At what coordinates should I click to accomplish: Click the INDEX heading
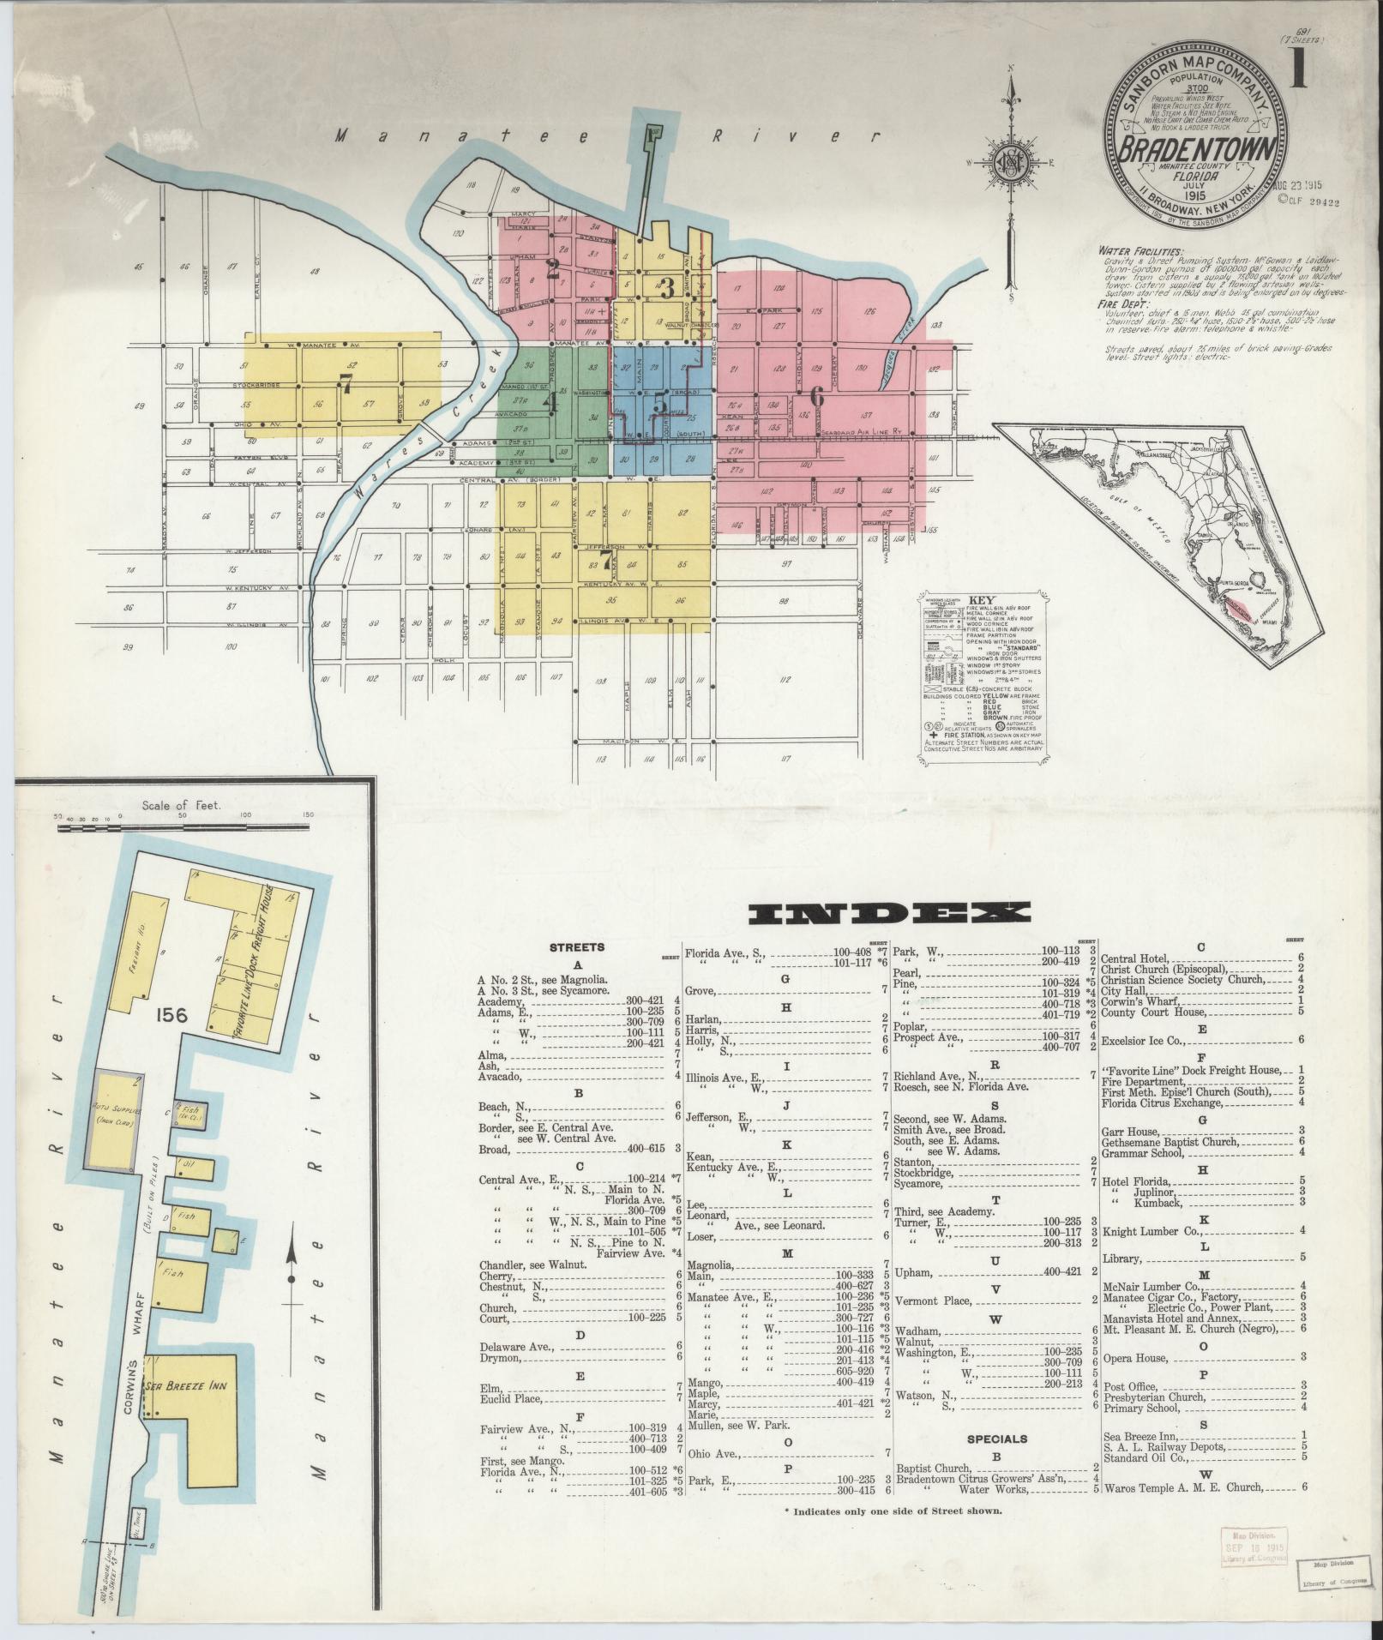[889, 913]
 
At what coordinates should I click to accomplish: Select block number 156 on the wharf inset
[173, 1016]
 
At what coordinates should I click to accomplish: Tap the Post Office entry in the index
[1130, 1412]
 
